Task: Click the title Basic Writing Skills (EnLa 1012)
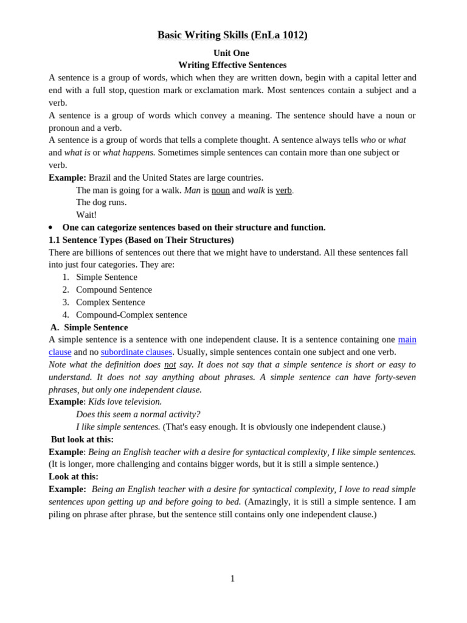click(232, 35)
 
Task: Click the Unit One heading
click(231, 53)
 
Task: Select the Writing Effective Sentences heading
click(232, 65)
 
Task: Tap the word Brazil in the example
click(102, 178)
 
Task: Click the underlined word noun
click(220, 190)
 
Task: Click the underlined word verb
click(283, 190)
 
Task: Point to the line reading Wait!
click(86, 215)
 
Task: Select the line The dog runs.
click(101, 203)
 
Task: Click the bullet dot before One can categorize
click(50, 228)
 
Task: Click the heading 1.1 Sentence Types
click(141, 240)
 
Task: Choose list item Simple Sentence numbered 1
click(106, 277)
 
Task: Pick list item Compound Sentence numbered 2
click(114, 290)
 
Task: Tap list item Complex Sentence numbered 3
click(110, 302)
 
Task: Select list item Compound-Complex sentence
click(131, 315)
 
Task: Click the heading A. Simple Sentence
click(89, 327)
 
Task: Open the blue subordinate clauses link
click(136, 352)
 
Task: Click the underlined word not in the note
click(170, 364)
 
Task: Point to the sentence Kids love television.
click(125, 402)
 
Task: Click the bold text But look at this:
click(82, 439)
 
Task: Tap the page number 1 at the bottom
click(232, 579)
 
